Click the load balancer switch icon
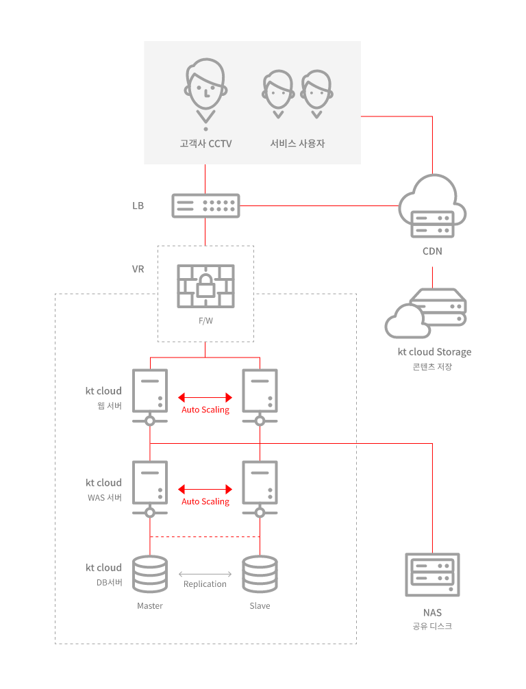pos(205,205)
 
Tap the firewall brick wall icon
pos(205,286)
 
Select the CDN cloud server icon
pos(432,206)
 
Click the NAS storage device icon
pos(432,575)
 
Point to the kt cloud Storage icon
pos(425,313)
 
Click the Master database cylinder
pos(150,574)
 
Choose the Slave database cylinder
pos(260,574)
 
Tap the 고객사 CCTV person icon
pos(205,94)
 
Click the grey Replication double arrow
pos(205,574)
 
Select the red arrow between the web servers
pos(205,398)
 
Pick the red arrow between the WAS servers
pos(205,490)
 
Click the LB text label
pos(138,205)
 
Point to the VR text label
pos(138,269)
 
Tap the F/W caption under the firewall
pos(205,321)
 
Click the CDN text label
pos(432,251)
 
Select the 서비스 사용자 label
pos(297,144)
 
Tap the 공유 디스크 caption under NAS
pos(432,626)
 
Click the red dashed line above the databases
pos(205,536)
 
